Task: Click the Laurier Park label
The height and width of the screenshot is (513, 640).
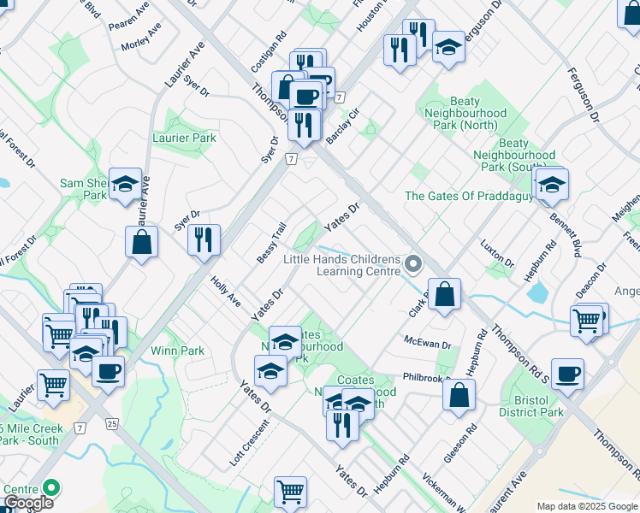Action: tap(184, 138)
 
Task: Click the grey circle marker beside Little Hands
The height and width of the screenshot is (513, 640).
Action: tap(414, 263)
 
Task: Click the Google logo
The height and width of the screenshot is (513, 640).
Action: tap(28, 503)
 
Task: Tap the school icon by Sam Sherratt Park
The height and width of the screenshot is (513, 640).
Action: tap(125, 185)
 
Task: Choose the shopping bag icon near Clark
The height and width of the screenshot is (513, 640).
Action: tap(445, 295)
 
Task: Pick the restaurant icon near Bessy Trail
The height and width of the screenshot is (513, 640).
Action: tap(204, 240)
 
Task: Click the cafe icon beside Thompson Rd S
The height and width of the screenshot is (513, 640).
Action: tap(567, 374)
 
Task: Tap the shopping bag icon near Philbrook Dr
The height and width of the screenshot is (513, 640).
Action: tap(459, 395)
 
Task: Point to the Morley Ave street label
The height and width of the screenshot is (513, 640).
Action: tap(141, 38)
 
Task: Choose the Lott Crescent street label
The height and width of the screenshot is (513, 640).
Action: tap(249, 441)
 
